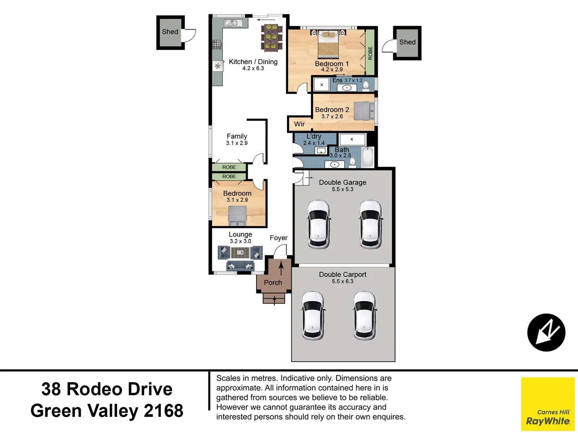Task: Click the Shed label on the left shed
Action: [x=170, y=32]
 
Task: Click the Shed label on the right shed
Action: [x=407, y=42]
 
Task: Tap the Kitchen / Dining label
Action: [x=253, y=62]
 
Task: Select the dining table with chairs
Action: [x=272, y=38]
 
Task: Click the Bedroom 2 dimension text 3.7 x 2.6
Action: [x=332, y=117]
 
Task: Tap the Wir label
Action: [x=299, y=124]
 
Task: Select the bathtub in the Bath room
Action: [x=368, y=157]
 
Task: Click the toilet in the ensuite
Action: [x=366, y=86]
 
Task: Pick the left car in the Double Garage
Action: [x=319, y=225]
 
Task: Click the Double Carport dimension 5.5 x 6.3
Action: [x=342, y=281]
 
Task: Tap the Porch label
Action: [x=273, y=283]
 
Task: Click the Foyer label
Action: [x=279, y=238]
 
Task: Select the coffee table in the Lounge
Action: [x=240, y=253]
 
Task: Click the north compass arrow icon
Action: [x=546, y=332]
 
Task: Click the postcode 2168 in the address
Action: [x=163, y=411]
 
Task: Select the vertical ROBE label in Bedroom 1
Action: [x=370, y=53]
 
